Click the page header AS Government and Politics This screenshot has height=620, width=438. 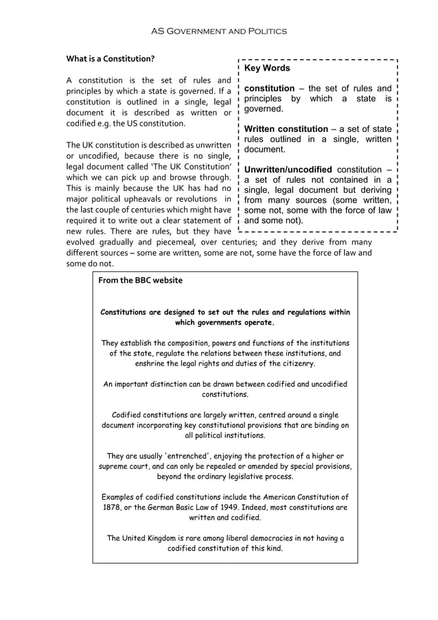coord(218,31)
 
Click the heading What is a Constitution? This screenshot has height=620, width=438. coord(110,58)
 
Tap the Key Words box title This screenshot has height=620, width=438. coord(267,68)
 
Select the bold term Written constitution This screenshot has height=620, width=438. coord(286,129)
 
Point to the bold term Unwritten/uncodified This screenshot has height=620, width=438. coord(288,170)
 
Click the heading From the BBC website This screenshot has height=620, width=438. coord(141,280)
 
